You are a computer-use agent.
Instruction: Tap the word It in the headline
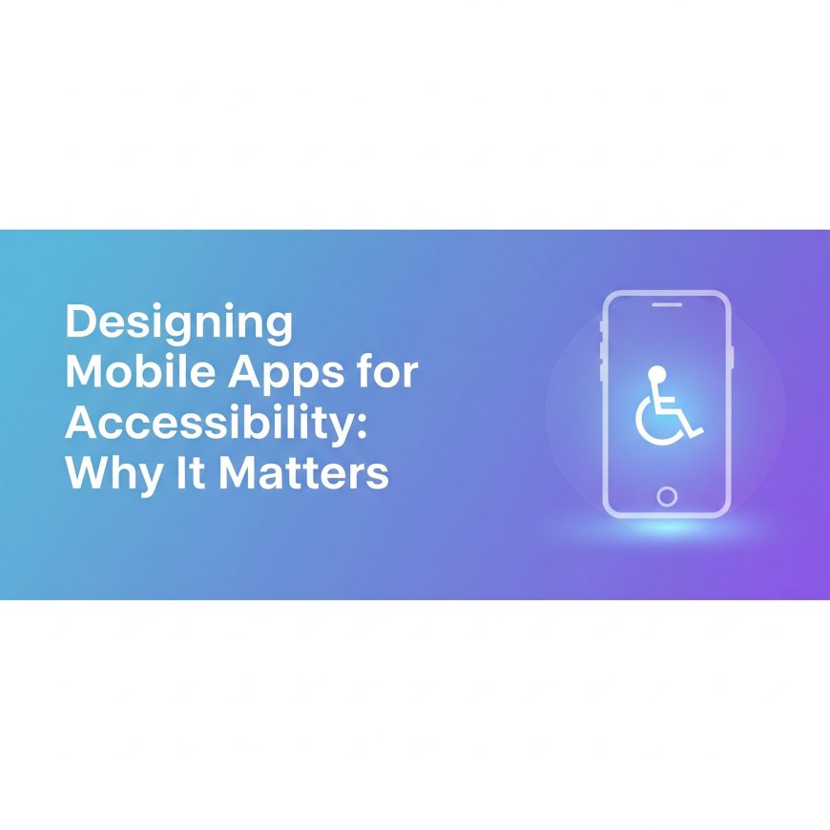coord(193,473)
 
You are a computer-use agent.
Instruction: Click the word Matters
coord(303,473)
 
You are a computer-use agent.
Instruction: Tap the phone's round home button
coord(667,496)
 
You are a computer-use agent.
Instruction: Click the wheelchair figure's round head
coord(656,372)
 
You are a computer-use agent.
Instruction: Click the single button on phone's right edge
coord(732,357)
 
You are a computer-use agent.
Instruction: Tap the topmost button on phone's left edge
coord(602,327)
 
